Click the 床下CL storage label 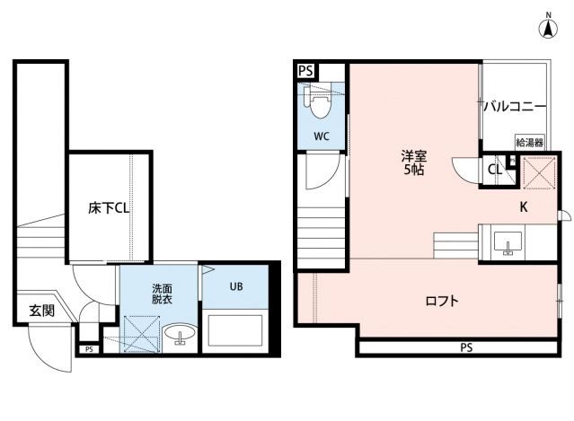109,208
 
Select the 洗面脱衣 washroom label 163,295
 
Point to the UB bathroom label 235,287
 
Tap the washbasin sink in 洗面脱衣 179,336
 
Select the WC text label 322,136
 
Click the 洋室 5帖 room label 413,162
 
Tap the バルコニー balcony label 515,107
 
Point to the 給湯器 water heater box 528,143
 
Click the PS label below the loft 465,347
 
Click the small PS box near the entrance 88,349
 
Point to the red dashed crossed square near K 536,173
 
